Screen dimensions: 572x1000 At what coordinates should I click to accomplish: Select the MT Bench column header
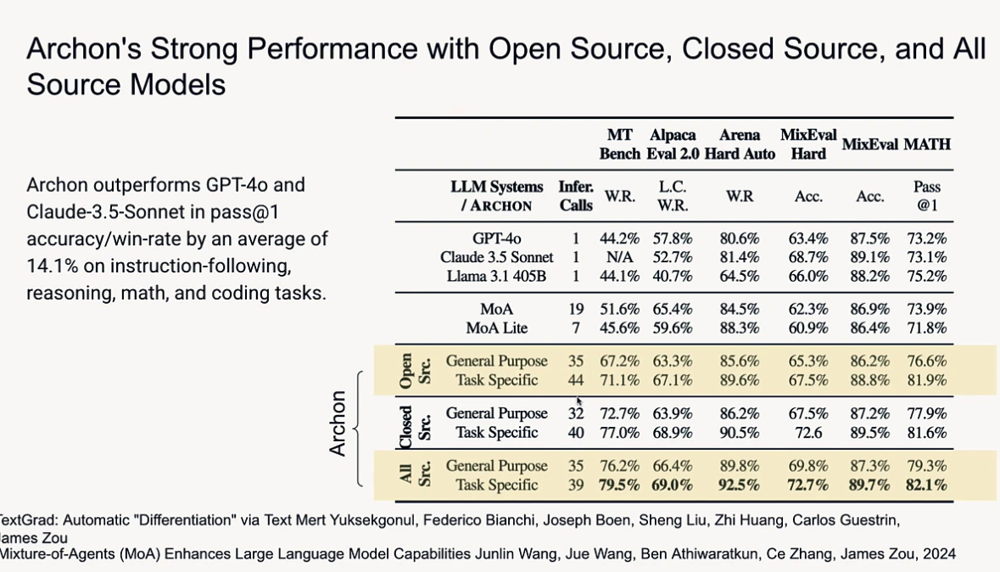619,144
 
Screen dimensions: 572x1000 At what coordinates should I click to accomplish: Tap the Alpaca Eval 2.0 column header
673,144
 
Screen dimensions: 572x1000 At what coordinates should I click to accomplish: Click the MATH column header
926,144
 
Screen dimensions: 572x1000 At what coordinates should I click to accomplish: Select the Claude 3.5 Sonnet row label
496,257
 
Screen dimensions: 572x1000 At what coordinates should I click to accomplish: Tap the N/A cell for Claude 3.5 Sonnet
619,257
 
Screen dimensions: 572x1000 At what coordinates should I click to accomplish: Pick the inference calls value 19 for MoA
576,310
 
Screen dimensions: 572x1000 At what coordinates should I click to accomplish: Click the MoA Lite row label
496,328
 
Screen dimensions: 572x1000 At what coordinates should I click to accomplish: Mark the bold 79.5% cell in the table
619,485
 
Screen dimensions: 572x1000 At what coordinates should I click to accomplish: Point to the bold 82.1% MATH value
926,485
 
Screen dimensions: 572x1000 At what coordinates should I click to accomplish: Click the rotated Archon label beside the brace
338,423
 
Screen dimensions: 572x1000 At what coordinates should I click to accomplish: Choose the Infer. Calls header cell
576,196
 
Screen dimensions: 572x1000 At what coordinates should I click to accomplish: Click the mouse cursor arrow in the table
579,402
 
